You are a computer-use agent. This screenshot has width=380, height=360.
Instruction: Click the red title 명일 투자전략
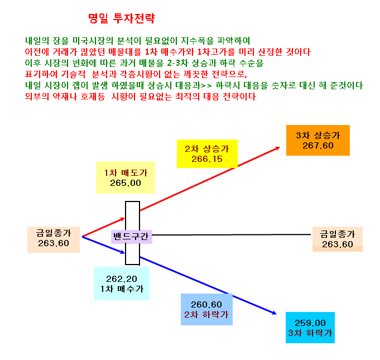pyautogui.click(x=122, y=18)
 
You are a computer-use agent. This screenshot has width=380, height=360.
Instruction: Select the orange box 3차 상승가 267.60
pyautogui.click(x=318, y=140)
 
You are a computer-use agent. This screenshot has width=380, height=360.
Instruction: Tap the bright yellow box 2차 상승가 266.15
pyautogui.click(x=207, y=153)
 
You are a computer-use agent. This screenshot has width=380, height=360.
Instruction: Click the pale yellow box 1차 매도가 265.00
pyautogui.click(x=126, y=177)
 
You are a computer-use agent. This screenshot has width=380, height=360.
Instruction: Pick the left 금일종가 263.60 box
pyautogui.click(x=54, y=240)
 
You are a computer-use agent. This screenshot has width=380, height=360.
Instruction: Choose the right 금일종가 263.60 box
pyautogui.click(x=338, y=239)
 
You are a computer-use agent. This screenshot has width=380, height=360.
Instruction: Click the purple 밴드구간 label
pyautogui.click(x=132, y=237)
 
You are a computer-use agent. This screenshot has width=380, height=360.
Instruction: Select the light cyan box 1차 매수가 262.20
pyautogui.click(x=122, y=284)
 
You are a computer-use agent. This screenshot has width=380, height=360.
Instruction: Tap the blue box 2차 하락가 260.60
pyautogui.click(x=206, y=309)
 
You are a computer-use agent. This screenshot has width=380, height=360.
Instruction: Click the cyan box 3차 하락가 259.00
pyautogui.click(x=310, y=328)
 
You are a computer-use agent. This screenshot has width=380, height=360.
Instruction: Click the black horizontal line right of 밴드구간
pyautogui.click(x=232, y=234)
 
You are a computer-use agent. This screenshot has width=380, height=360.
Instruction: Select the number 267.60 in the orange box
pyautogui.click(x=318, y=146)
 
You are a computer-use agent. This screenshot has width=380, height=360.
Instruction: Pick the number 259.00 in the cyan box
pyautogui.click(x=310, y=323)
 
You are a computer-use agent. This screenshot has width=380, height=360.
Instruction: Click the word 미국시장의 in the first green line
pyautogui.click(x=93, y=41)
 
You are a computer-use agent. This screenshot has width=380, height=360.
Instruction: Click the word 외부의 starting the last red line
pyautogui.click(x=37, y=97)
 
